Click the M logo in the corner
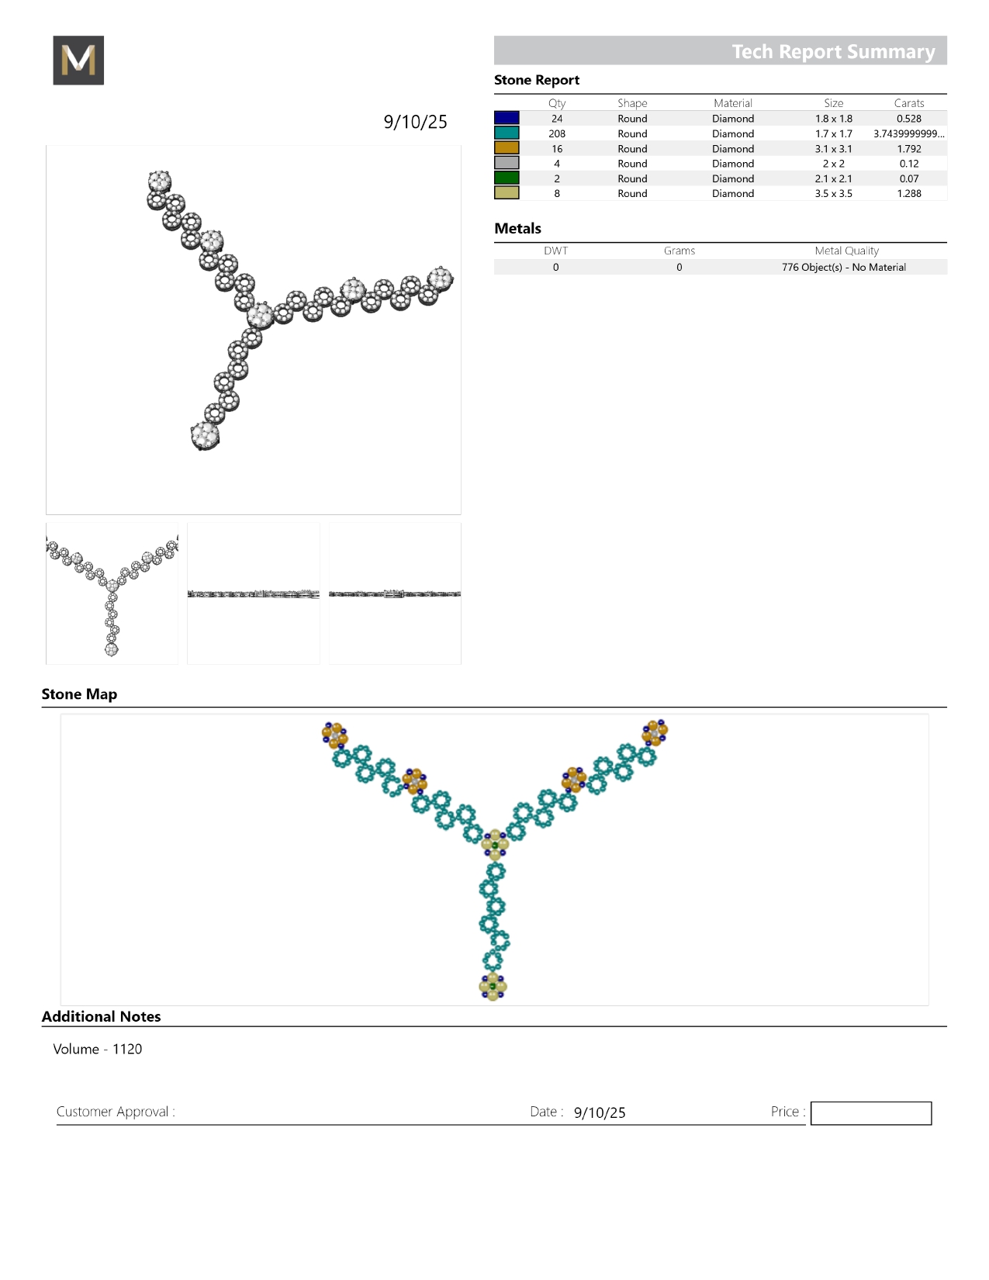78,61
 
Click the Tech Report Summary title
833,51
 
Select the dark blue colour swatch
507,118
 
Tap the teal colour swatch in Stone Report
507,133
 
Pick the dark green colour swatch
507,178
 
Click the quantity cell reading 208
557,133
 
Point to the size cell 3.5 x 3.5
833,194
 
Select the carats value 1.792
908,149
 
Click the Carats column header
908,103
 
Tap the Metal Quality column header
846,251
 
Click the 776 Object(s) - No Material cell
843,267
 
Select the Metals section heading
517,229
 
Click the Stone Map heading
79,694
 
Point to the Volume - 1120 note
98,1049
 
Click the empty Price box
870,1113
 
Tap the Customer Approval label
116,1112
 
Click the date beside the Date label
600,1112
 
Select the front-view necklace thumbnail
112,593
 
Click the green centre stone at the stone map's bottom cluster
493,987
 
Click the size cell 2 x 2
833,164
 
